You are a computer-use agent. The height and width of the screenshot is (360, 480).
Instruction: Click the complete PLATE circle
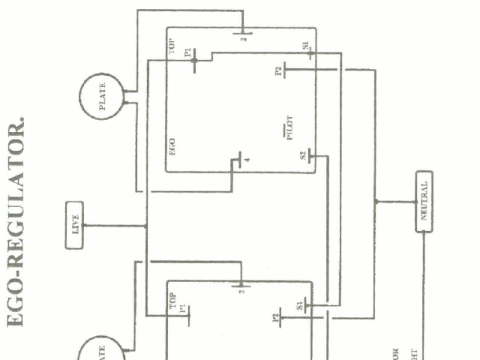pos(102,98)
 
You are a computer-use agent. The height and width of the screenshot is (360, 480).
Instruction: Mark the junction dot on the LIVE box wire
pos(146,225)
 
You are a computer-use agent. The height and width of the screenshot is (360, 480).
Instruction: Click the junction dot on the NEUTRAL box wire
pos(376,201)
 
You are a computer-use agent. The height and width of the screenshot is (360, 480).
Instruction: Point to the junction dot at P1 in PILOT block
pos(194,61)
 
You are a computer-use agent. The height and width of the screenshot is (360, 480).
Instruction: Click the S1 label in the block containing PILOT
pos(305,48)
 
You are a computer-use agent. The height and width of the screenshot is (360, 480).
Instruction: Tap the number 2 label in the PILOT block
pos(243,39)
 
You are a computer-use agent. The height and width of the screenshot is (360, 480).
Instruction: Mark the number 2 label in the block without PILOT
pos(241,291)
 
